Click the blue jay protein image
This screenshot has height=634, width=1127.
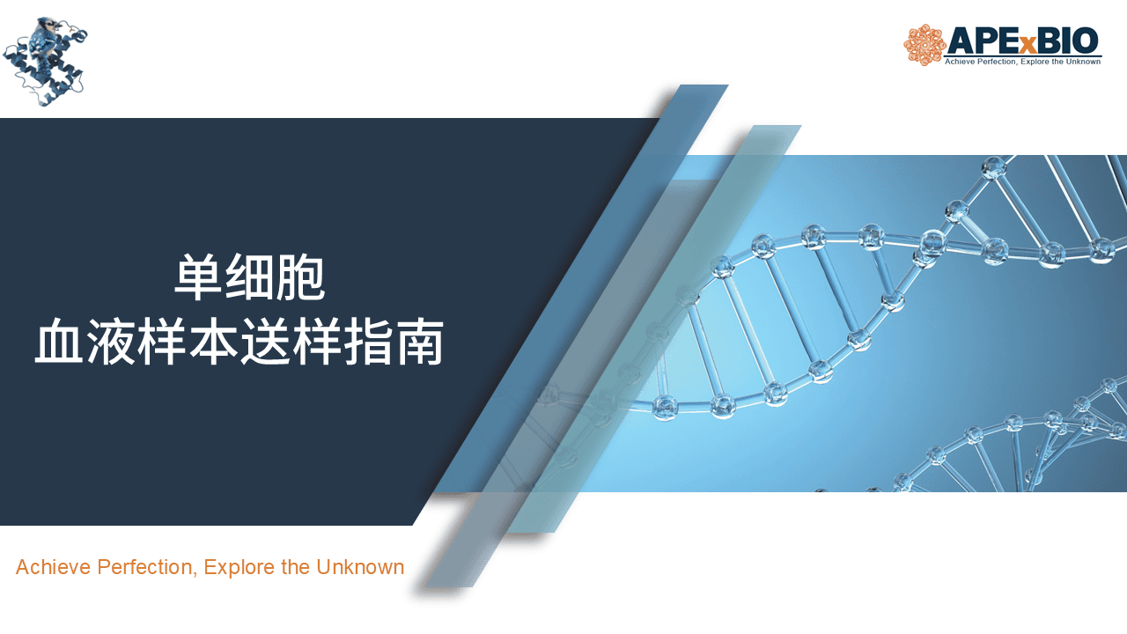tap(45, 62)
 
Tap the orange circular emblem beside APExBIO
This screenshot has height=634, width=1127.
tap(924, 45)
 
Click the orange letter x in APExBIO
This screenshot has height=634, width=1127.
tap(1028, 45)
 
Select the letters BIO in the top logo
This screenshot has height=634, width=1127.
tap(1068, 41)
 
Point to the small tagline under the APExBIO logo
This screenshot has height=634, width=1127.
tap(1022, 62)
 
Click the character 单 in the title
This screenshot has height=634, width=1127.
tap(198, 277)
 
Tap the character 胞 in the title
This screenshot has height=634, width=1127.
tap(300, 277)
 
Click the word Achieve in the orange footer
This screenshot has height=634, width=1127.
tap(54, 567)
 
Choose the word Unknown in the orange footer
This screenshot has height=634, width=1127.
tap(360, 567)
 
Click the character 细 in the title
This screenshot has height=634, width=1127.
tap(249, 277)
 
